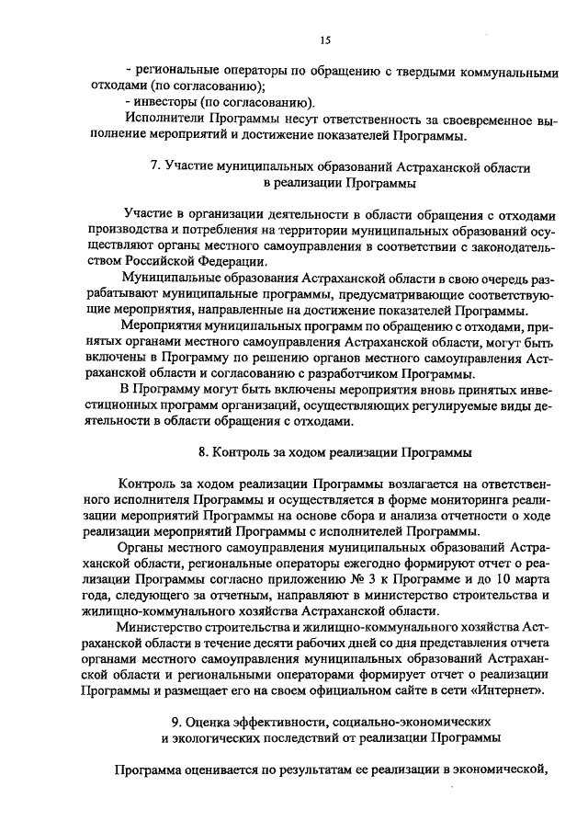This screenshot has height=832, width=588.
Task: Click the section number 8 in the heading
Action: [202, 452]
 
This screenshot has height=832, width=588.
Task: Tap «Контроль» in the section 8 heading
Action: [241, 452]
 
